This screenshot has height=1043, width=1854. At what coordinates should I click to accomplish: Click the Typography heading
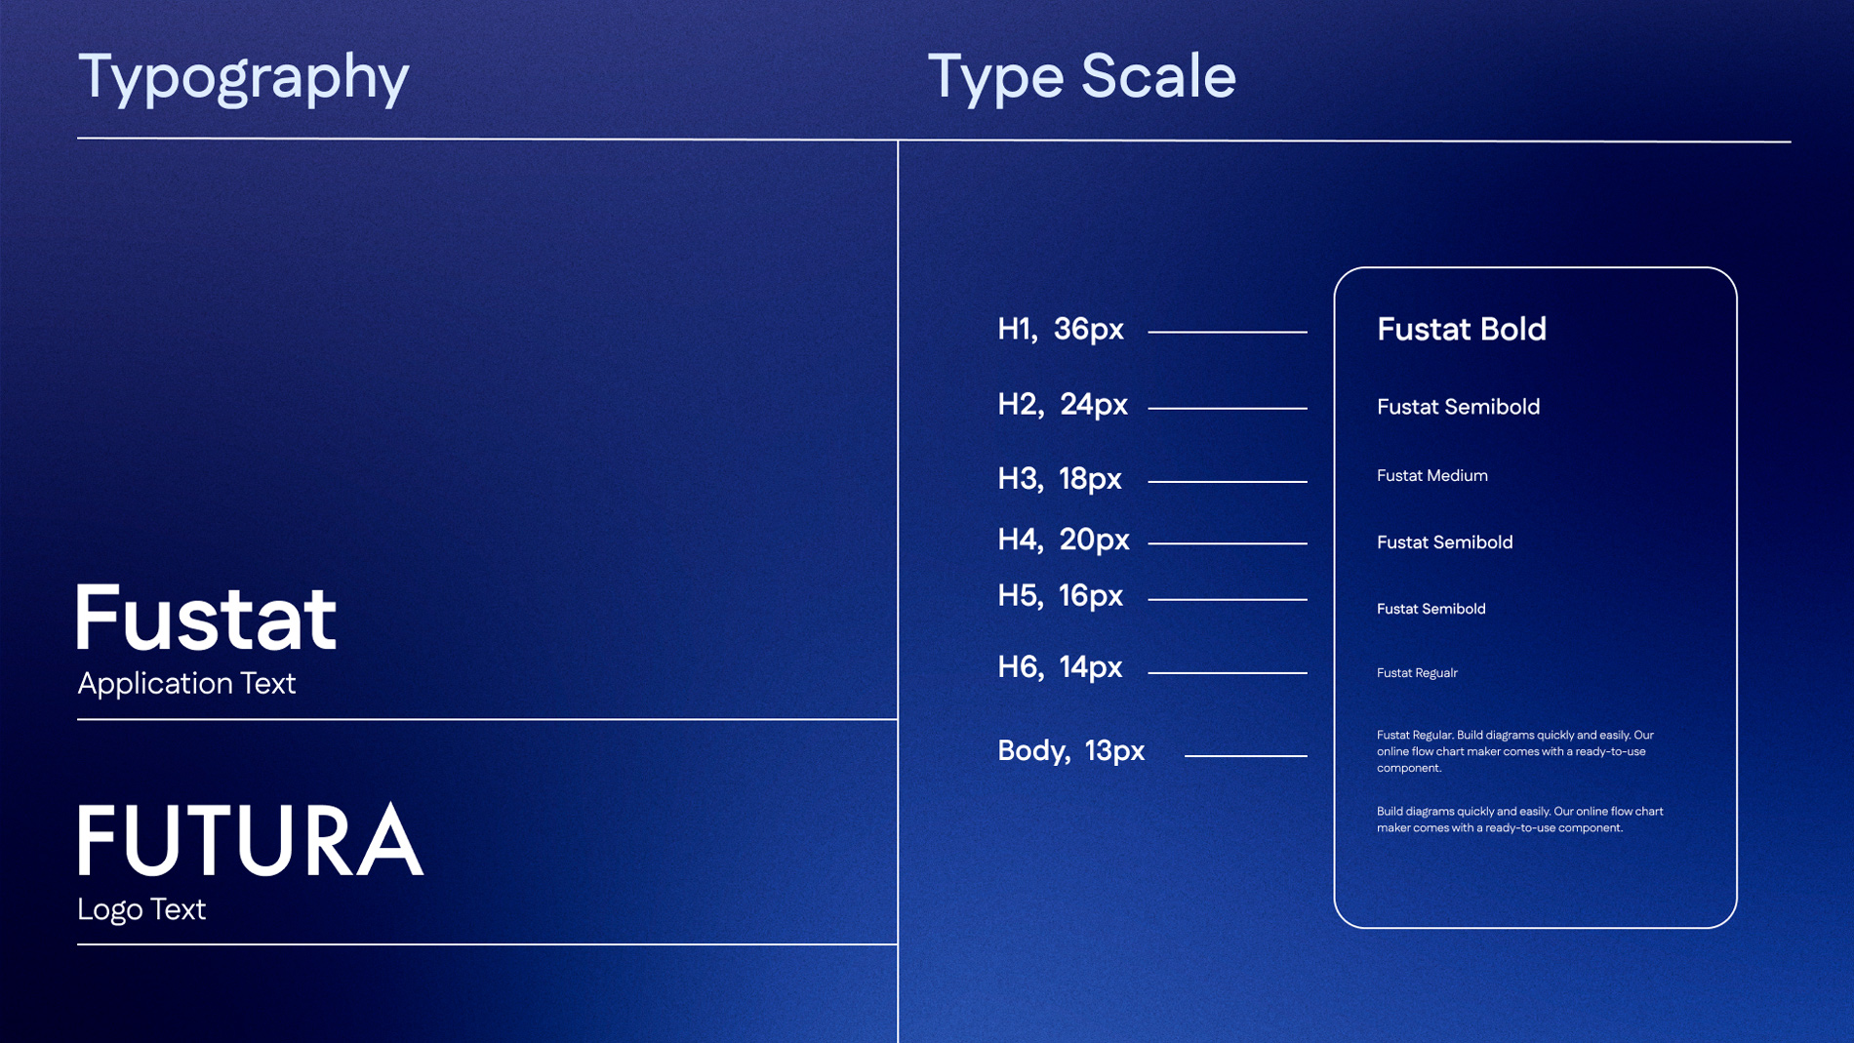(x=243, y=78)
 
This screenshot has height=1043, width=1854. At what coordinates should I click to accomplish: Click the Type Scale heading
(x=1081, y=76)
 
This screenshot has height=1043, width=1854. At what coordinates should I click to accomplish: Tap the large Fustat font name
(x=207, y=617)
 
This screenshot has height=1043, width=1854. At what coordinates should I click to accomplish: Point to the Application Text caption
(x=186, y=683)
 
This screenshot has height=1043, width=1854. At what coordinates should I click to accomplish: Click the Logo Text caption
(x=141, y=909)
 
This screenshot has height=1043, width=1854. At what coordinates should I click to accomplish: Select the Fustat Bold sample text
(x=1462, y=329)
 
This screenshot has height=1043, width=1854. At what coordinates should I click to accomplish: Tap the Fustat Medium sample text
(x=1432, y=475)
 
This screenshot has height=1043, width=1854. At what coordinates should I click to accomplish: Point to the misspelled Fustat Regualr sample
(x=1417, y=672)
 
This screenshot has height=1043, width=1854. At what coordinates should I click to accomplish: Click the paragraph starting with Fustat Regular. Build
(x=1515, y=751)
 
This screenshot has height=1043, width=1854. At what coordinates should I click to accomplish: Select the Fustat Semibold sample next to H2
(x=1458, y=406)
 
